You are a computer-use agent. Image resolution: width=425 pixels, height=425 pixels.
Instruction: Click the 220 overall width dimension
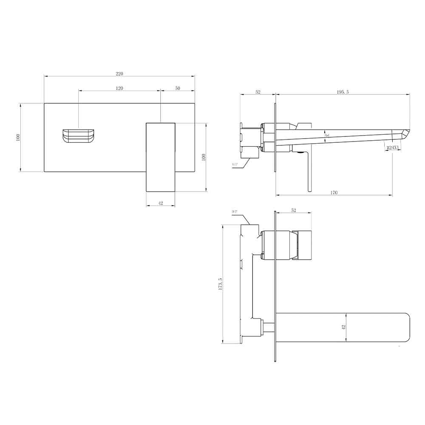(119, 74)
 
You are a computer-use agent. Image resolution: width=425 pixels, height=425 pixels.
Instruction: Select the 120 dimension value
(119, 88)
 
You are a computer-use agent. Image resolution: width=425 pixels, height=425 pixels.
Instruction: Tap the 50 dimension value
(178, 88)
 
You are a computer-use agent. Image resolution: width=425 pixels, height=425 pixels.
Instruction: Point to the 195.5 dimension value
(343, 92)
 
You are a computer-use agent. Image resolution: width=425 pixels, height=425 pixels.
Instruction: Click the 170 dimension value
(334, 193)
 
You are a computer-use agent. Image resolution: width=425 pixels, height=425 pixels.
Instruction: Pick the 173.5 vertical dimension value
(220, 284)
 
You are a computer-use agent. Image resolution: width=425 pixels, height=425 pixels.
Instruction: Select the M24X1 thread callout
(393, 147)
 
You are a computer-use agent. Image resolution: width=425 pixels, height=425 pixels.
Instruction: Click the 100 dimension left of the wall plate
(18, 137)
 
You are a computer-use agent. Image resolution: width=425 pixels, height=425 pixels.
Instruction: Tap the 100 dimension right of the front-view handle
(204, 157)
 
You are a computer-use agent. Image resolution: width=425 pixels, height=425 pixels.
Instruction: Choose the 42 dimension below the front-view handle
(161, 203)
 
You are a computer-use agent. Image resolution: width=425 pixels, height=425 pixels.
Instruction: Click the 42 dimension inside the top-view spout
(343, 327)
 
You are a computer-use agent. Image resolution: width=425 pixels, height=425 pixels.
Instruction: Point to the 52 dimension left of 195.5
(258, 92)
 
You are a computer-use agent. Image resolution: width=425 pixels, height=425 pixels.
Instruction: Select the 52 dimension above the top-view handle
(294, 210)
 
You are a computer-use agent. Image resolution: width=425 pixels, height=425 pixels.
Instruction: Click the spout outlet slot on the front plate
(79, 136)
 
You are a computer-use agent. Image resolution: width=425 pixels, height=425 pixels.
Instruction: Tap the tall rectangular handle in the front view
(161, 157)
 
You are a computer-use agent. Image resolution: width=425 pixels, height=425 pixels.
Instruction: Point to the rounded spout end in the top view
(404, 327)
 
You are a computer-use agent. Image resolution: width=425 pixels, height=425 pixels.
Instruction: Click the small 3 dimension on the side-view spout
(326, 135)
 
